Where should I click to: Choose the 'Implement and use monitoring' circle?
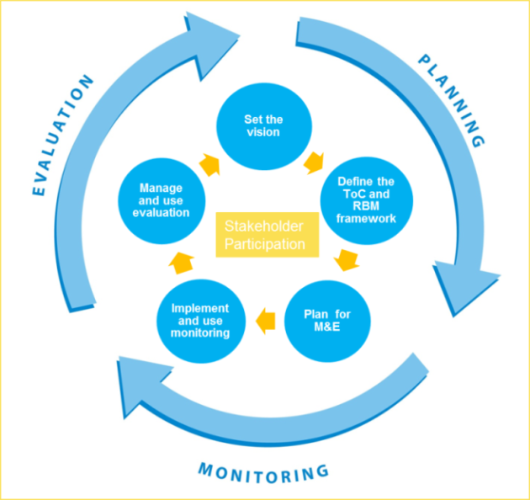tap(201, 321)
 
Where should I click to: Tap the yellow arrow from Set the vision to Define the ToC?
tap(315, 158)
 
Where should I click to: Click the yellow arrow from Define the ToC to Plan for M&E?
tap(344, 261)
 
